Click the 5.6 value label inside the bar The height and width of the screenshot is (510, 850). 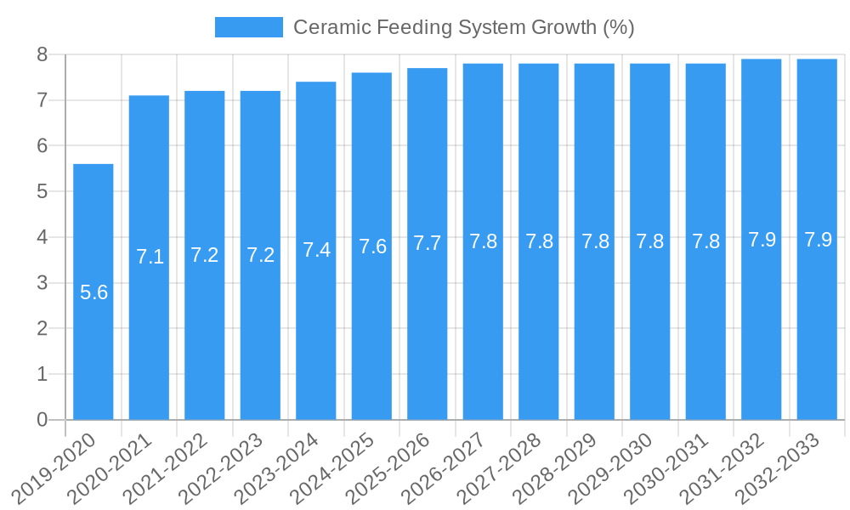click(x=93, y=292)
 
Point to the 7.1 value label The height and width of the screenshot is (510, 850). click(x=150, y=257)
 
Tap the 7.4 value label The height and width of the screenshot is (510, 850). click(x=316, y=250)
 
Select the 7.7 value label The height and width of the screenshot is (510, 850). click(x=428, y=243)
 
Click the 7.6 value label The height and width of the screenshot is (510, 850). click(x=372, y=246)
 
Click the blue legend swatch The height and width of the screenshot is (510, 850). click(x=248, y=27)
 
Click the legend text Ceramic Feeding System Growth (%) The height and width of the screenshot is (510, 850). click(x=463, y=27)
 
